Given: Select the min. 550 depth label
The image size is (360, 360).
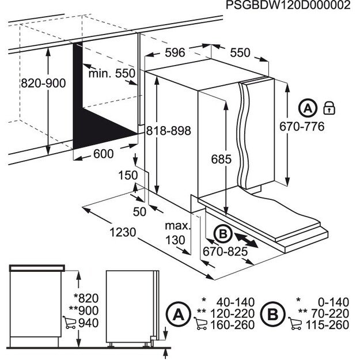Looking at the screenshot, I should [111, 73].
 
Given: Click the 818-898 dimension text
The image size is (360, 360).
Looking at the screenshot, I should [168, 130].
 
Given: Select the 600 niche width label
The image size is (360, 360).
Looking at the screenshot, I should [103, 154].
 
